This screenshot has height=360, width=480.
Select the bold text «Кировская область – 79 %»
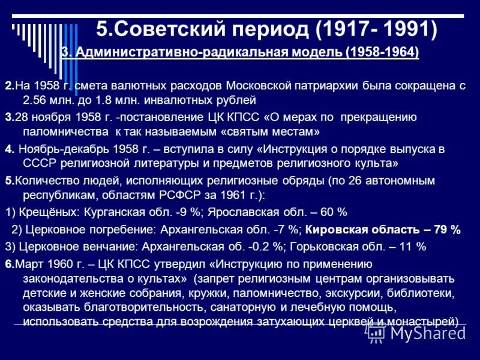(x=383, y=229)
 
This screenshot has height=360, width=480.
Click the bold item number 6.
(x=8, y=263)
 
